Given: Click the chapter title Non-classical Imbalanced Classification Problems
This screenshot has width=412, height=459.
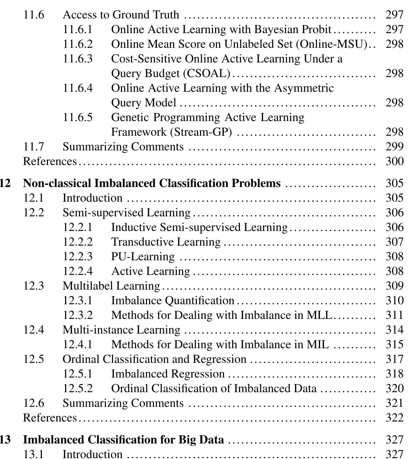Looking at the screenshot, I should point(152,183).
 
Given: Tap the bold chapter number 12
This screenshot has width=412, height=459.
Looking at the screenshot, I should point(5,183).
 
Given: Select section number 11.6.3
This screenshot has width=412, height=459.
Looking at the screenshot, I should point(78,59).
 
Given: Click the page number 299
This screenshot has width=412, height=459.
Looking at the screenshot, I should point(394,147).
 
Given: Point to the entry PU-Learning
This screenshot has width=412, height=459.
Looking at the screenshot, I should point(143,256).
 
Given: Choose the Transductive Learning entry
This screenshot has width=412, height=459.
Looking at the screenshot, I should point(166,242).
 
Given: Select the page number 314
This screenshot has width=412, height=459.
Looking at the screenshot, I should point(394,330).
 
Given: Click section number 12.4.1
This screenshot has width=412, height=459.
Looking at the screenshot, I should point(78,344).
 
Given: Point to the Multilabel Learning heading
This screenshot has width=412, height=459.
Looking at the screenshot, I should point(111,286).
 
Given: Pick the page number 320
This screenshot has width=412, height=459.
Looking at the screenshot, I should point(394,388).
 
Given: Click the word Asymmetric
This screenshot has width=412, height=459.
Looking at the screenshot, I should point(304,88).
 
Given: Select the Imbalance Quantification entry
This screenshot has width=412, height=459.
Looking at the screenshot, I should point(173,300).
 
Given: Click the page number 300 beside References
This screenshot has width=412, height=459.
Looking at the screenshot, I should point(394,161).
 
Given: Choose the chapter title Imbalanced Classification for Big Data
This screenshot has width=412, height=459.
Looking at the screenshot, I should point(123,440).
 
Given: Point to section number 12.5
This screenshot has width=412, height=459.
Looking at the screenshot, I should point(33,359).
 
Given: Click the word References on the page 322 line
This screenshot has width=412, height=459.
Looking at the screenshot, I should point(50,418).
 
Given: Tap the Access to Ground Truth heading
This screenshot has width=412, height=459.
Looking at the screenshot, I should point(121,15).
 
